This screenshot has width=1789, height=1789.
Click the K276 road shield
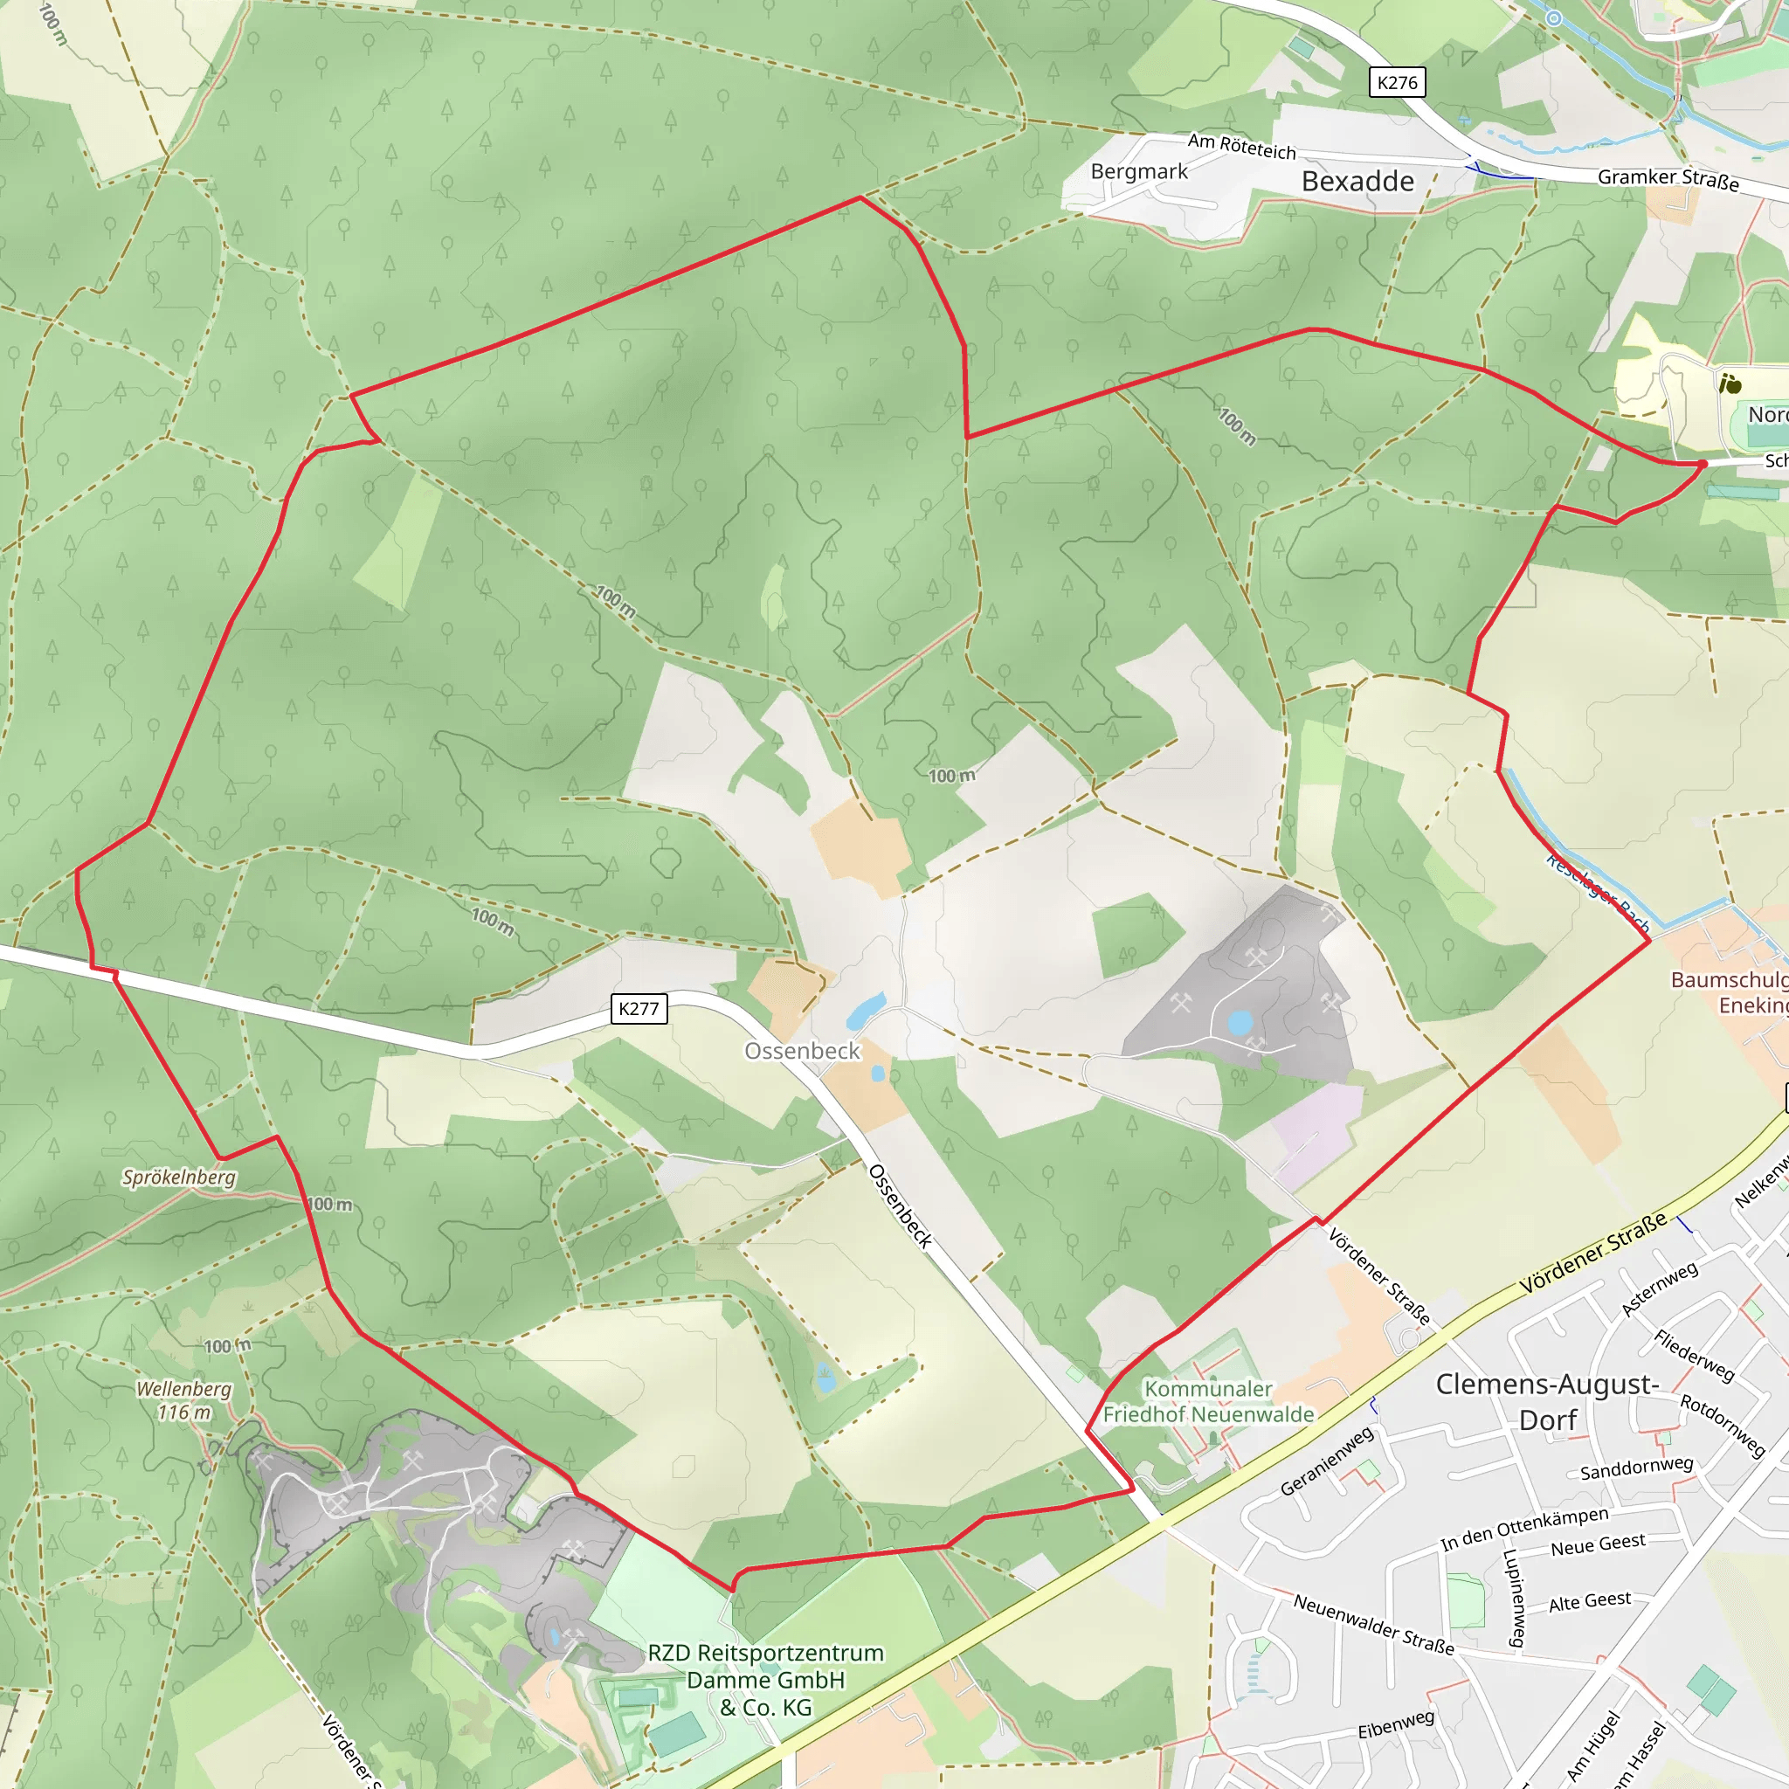pyautogui.click(x=1398, y=82)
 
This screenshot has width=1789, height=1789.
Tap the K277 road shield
pyautogui.click(x=639, y=1008)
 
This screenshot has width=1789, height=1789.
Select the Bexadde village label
pyautogui.click(x=1357, y=182)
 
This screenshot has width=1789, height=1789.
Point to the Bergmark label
pyautogui.click(x=1139, y=171)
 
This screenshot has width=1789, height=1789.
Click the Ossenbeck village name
pyautogui.click(x=802, y=1051)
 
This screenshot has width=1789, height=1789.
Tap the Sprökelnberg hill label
pyautogui.click(x=179, y=1177)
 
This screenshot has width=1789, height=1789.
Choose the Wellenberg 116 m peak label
pyautogui.click(x=183, y=1400)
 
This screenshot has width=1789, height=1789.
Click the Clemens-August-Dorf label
pyautogui.click(x=1547, y=1402)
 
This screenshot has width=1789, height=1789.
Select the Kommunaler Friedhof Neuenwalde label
pyautogui.click(x=1208, y=1401)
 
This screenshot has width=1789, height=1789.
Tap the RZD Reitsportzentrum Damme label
pyautogui.click(x=766, y=1680)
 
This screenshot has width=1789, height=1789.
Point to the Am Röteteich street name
pyautogui.click(x=1242, y=146)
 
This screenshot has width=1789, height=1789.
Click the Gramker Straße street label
pyautogui.click(x=1668, y=179)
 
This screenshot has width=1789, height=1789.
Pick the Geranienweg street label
pyautogui.click(x=1327, y=1461)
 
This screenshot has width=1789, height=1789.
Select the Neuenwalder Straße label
pyautogui.click(x=1373, y=1624)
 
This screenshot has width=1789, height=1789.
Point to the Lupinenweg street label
pyautogui.click(x=1515, y=1599)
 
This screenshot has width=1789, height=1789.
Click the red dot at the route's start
pyautogui.click(x=1702, y=464)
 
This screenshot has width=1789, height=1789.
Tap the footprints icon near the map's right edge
pyautogui.click(x=1730, y=383)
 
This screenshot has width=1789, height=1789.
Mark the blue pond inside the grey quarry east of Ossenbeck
pyautogui.click(x=1240, y=1022)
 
